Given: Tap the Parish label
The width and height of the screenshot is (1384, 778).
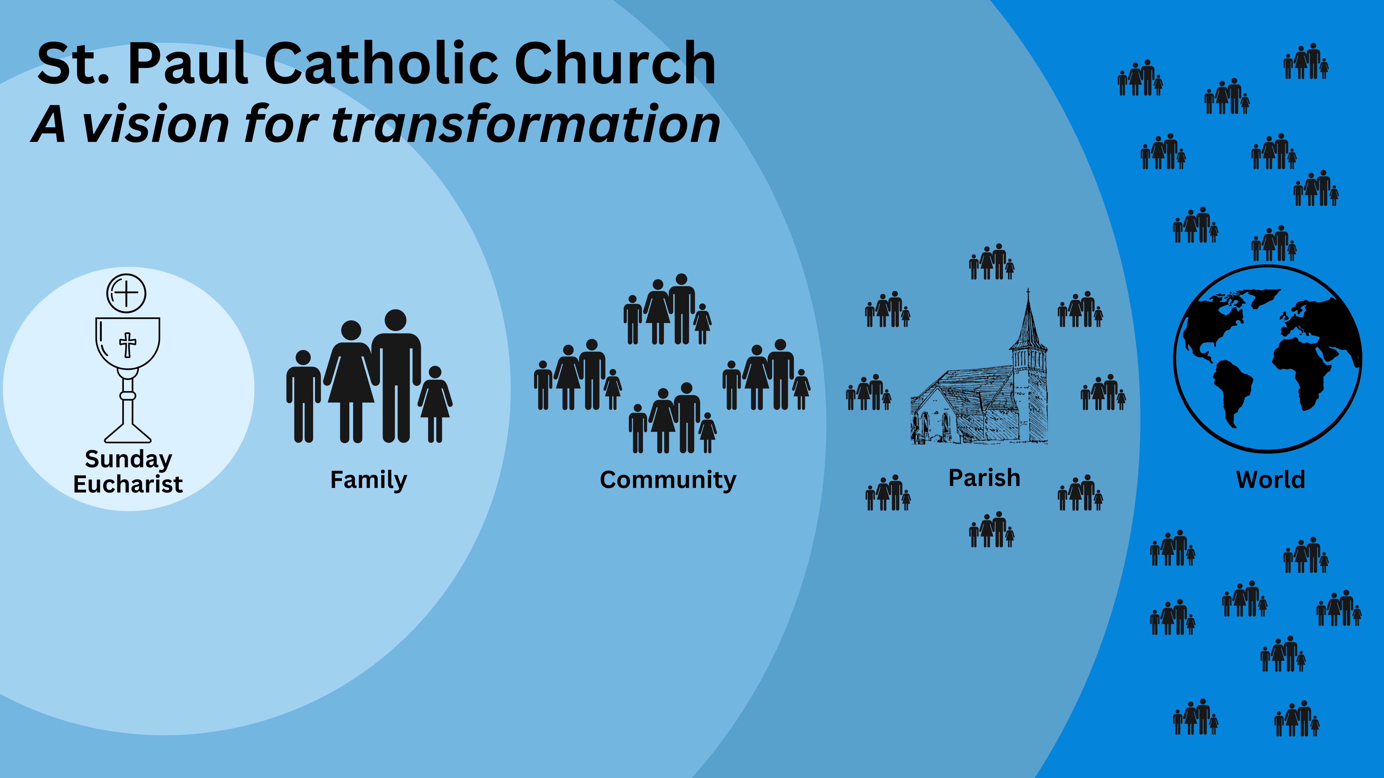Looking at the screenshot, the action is point(984,478).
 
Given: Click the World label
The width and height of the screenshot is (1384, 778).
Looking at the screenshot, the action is point(1270,480).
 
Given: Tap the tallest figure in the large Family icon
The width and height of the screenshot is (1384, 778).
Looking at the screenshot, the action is point(396,376).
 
